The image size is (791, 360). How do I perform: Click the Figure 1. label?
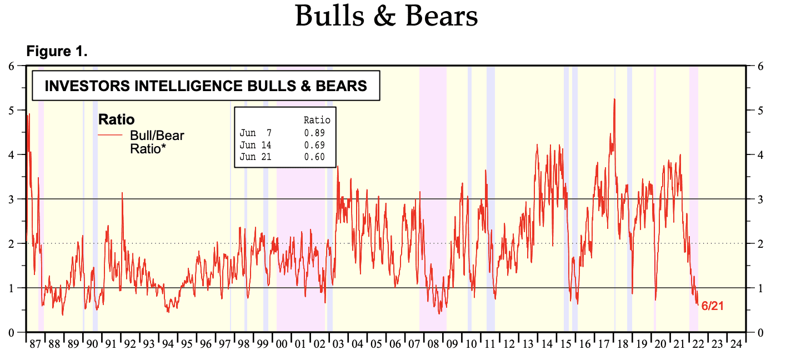[57, 52]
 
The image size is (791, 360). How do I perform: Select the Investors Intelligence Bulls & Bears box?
[206, 86]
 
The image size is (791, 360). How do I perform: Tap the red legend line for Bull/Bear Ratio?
[110, 135]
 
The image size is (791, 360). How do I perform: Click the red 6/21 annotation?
[713, 306]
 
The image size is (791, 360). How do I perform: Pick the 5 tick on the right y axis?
[761, 110]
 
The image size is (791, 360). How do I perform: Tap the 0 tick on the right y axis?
[761, 332]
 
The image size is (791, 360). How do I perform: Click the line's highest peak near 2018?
[614, 99]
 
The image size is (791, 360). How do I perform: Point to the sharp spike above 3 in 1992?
[122, 193]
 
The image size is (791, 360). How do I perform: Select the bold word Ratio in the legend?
[116, 119]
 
